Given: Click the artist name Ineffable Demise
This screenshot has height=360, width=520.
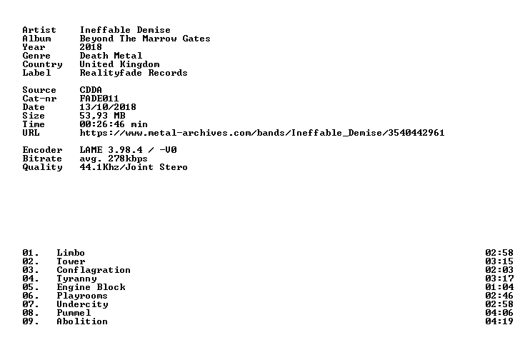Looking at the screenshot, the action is pyautogui.click(x=125, y=30).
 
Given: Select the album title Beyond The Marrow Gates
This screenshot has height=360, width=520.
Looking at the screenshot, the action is pyautogui.click(x=145, y=39).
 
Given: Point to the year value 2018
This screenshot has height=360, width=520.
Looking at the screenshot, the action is pyautogui.click(x=91, y=47).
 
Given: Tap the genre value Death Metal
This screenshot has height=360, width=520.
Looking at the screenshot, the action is pyautogui.click(x=111, y=56).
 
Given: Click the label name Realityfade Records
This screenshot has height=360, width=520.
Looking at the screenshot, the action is pyautogui.click(x=134, y=74).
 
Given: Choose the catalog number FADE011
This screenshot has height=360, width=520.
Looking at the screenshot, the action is pyautogui.click(x=99, y=99).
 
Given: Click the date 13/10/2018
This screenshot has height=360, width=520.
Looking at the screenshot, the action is pyautogui.click(x=108, y=107).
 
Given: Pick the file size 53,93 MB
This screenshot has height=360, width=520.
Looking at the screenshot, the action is pyautogui.click(x=102, y=116).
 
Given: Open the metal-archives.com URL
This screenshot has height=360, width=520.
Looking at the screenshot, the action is pyautogui.click(x=262, y=133).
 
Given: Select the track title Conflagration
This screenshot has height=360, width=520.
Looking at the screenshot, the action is pyautogui.click(x=94, y=271).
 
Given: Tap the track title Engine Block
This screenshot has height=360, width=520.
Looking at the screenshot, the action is pyautogui.click(x=91, y=287).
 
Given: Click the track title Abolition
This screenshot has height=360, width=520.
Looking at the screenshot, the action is pyautogui.click(x=82, y=321).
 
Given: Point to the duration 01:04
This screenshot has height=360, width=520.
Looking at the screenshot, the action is pyautogui.click(x=499, y=287).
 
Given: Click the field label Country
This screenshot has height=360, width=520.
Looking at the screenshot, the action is pyautogui.click(x=42, y=64).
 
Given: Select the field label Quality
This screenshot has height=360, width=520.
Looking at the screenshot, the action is pyautogui.click(x=42, y=167).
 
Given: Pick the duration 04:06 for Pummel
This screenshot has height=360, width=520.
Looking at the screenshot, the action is pyautogui.click(x=499, y=313).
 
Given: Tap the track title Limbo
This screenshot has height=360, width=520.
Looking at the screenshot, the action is pyautogui.click(x=71, y=253).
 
